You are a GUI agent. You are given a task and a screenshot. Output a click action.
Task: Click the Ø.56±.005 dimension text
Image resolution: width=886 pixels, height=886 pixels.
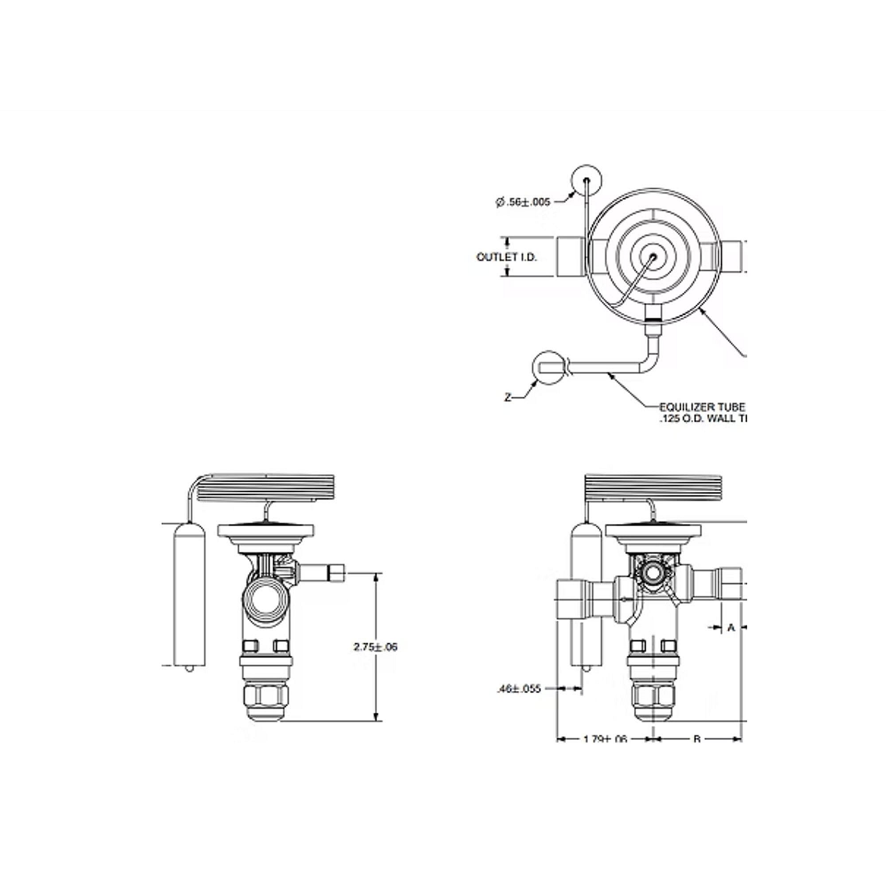point(523,202)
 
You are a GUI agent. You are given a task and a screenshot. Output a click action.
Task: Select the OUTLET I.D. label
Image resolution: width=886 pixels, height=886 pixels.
point(506,257)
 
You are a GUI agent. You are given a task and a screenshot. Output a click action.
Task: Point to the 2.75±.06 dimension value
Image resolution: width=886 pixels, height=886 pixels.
point(376,647)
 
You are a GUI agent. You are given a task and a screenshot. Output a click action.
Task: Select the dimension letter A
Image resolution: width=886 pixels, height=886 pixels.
point(731,627)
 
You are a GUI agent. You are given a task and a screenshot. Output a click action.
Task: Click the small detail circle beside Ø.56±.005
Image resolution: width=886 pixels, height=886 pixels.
point(587,180)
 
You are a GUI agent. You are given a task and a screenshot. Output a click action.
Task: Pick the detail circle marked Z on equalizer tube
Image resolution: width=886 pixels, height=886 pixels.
point(546,367)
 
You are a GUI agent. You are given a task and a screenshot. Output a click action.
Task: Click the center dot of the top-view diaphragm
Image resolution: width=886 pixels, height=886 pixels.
point(653,257)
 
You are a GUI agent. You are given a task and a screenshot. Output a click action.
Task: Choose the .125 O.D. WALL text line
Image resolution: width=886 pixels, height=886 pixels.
point(703,418)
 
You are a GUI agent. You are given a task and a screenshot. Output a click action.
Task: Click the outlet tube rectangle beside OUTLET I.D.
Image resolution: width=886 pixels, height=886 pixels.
point(571,257)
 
